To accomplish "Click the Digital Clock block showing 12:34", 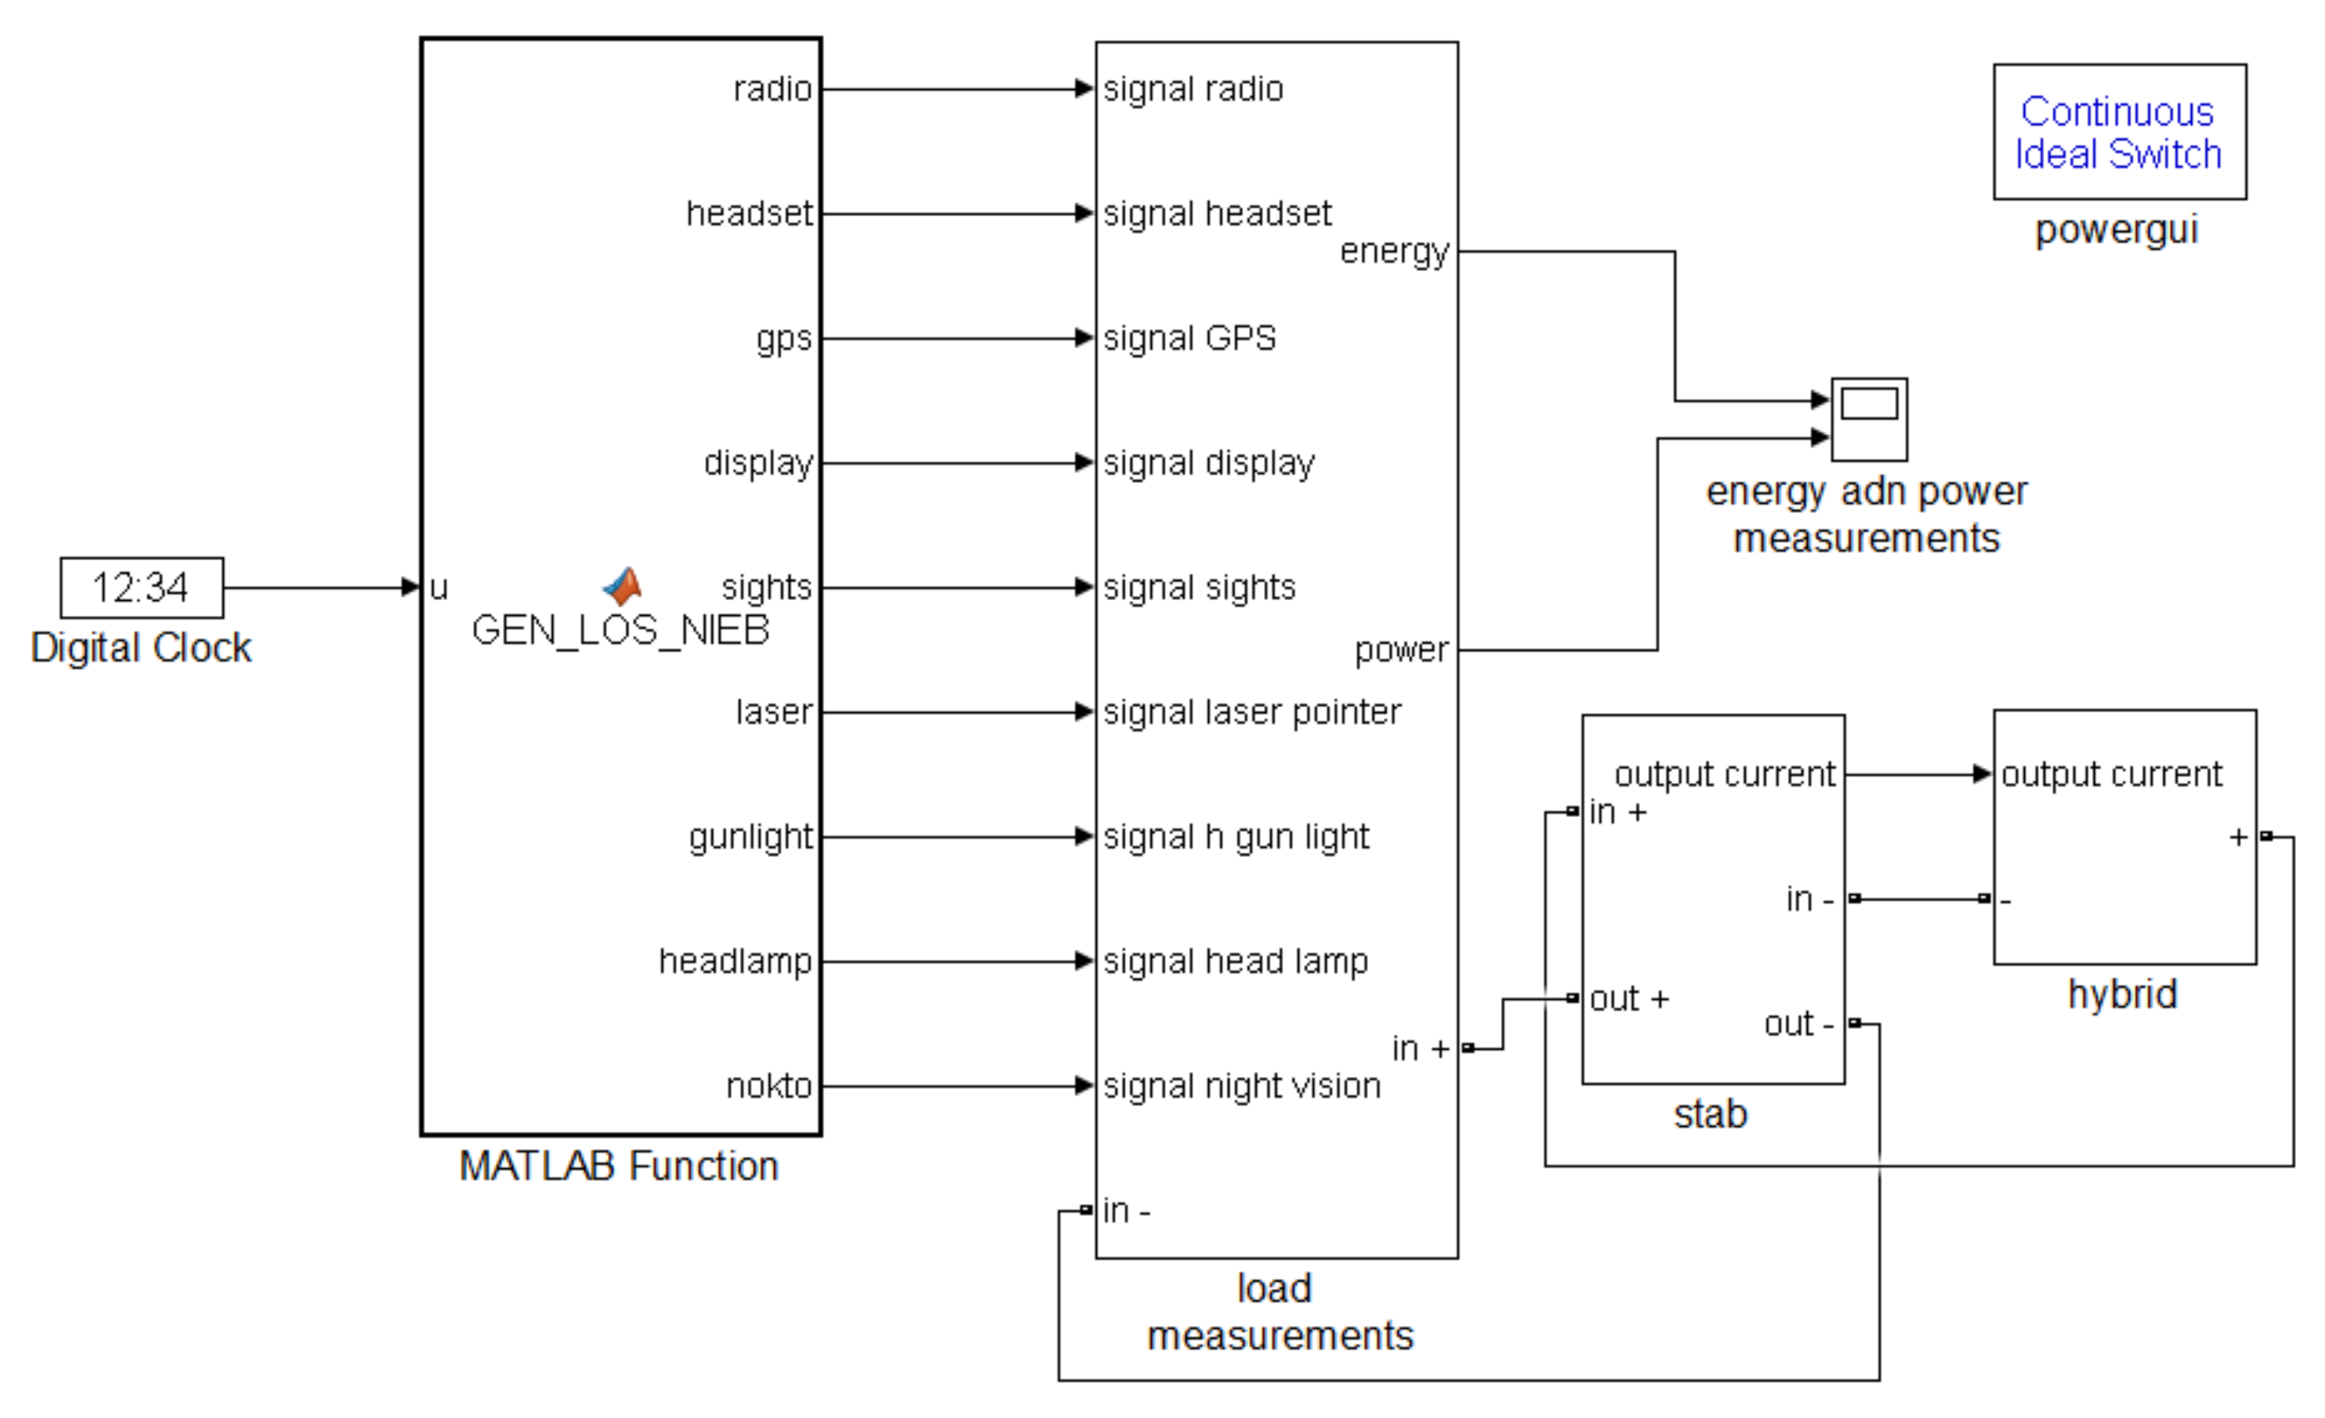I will pos(141,588).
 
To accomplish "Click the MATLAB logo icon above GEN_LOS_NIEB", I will pos(623,586).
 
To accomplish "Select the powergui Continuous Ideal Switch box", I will pos(2119,132).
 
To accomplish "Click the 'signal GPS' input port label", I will pos(1189,338).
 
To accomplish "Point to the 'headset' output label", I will pos(748,213).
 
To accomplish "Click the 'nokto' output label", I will pos(768,1086).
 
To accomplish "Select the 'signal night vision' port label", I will pos(1242,1086).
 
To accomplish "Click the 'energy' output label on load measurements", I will pos(1394,251).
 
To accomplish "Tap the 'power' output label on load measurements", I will pos(1401,649).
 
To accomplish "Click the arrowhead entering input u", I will pos(410,588).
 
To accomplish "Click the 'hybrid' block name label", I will pos(2122,995).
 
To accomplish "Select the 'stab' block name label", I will pos(1710,1114).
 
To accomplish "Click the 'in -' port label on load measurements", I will pos(1126,1211).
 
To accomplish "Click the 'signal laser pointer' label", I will pos(1251,712).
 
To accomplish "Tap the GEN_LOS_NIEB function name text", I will pos(620,630).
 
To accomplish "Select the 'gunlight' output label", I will pos(750,837).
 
